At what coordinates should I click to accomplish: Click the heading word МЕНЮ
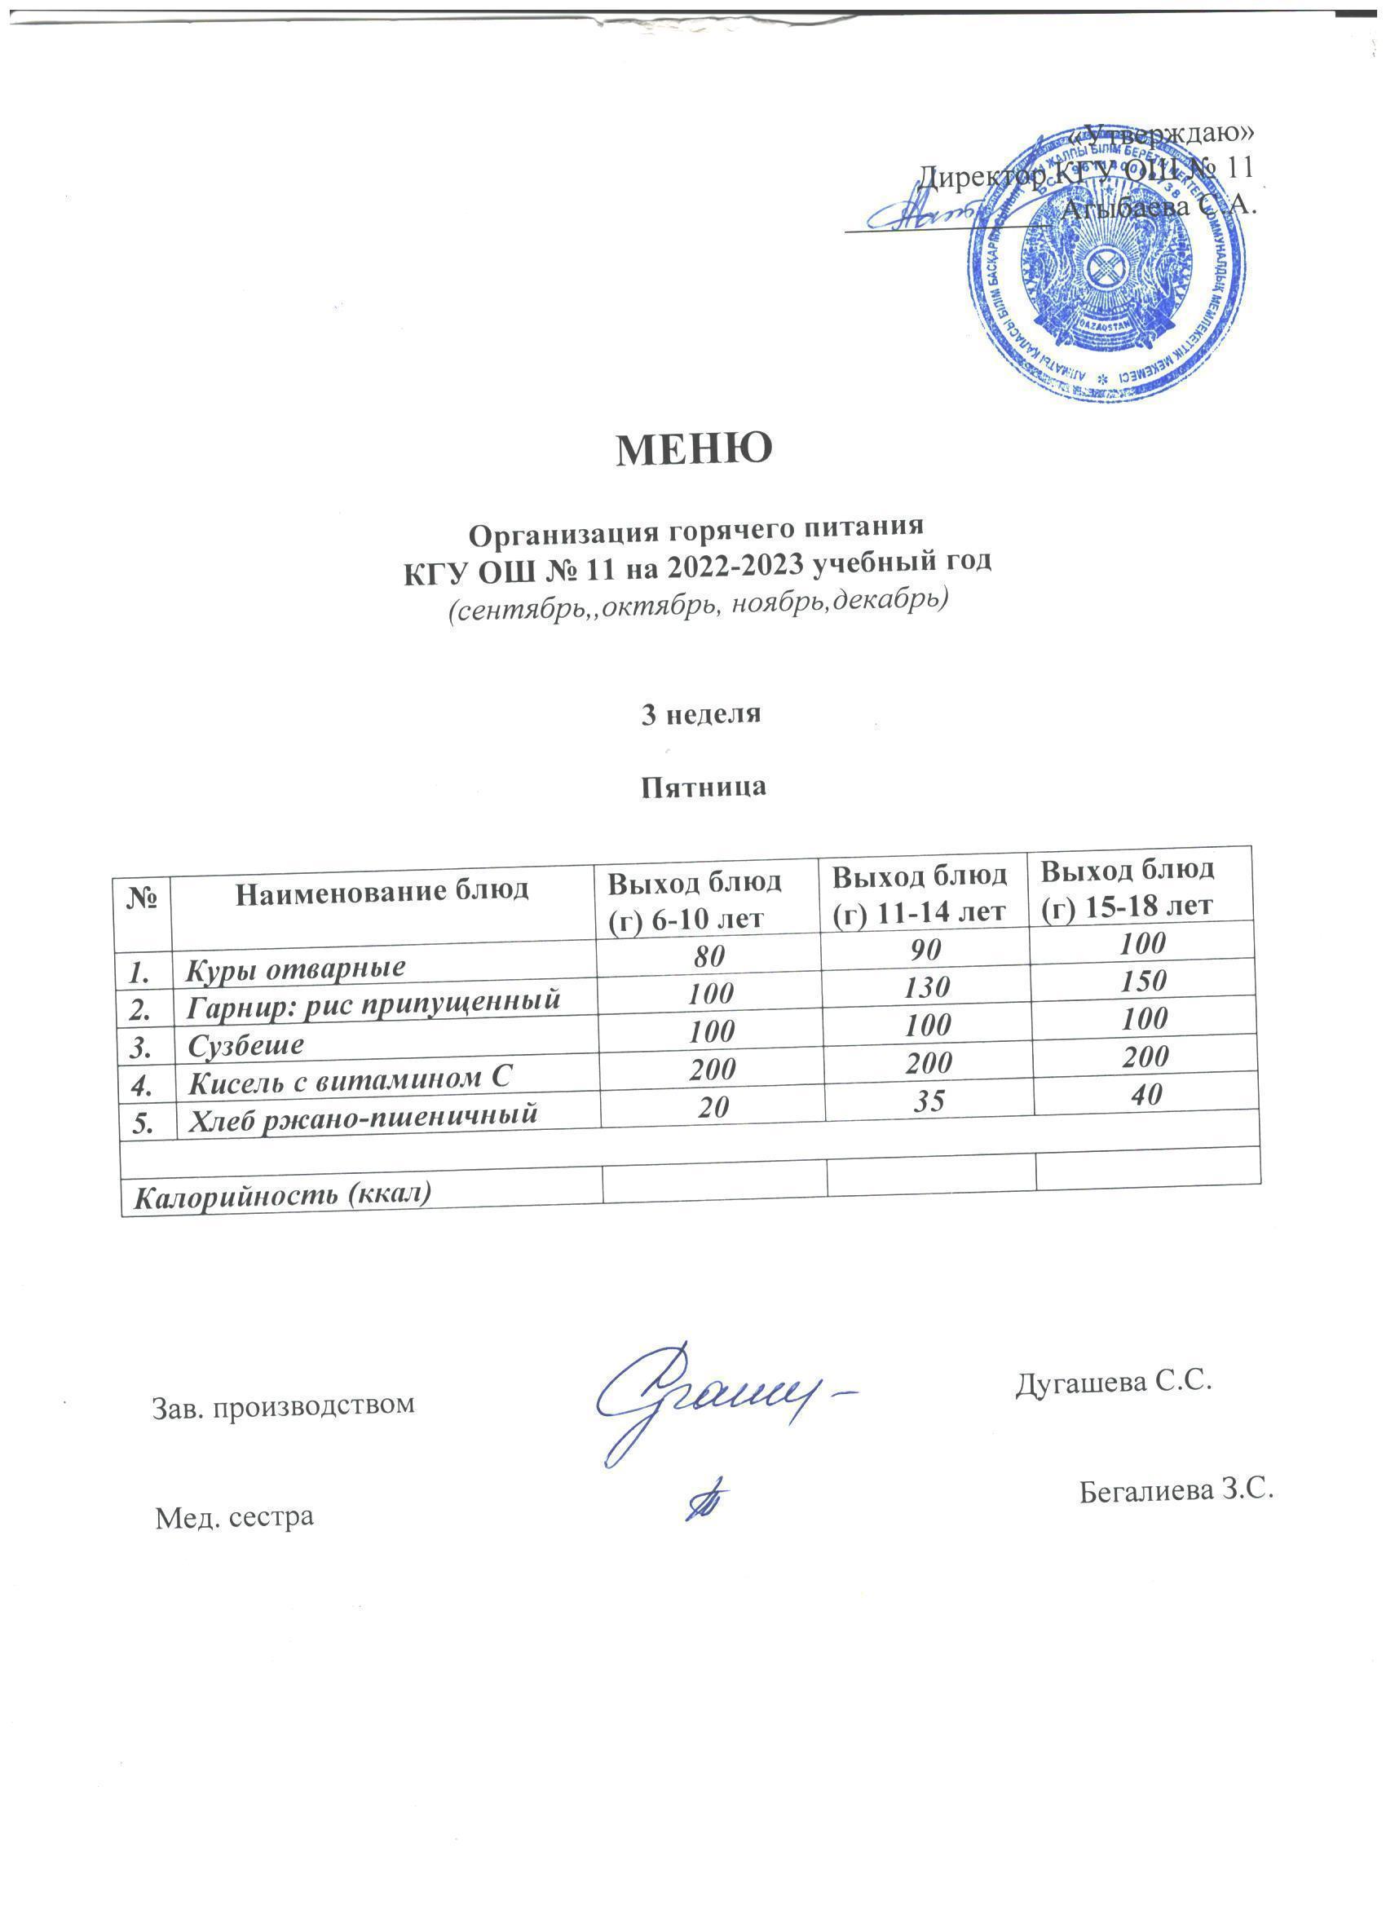click(x=695, y=451)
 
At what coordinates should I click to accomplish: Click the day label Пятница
click(x=704, y=787)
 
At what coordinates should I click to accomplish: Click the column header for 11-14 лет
click(x=920, y=893)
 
